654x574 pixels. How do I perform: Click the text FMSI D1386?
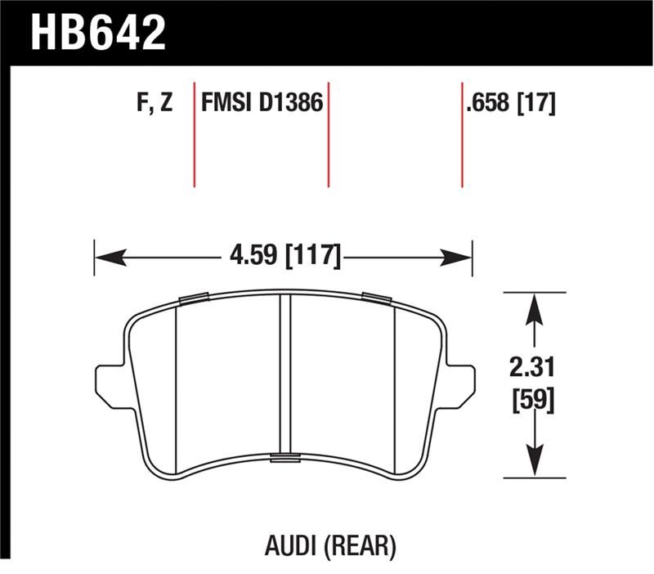[x=262, y=105]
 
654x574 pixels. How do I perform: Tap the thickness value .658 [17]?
[x=509, y=105]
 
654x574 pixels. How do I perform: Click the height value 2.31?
[x=535, y=366]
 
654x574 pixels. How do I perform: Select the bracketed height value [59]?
[x=535, y=400]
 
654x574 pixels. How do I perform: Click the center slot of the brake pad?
[x=286, y=376]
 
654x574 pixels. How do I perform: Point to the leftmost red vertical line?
[x=195, y=135]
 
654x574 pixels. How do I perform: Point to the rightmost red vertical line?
[x=463, y=135]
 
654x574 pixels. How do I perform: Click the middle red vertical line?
[x=329, y=135]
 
